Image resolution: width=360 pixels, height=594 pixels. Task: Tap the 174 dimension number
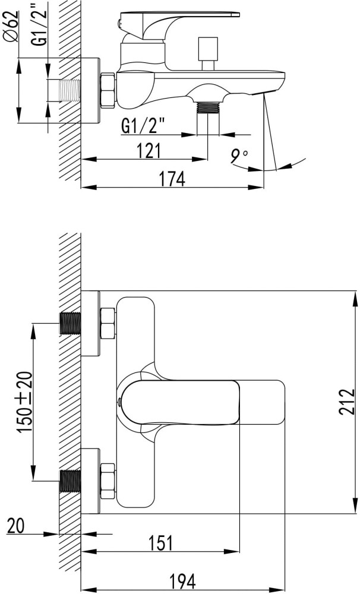(x=172, y=178)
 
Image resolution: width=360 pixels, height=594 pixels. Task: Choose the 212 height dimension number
(x=347, y=402)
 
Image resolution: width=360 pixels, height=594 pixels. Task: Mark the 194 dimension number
(x=182, y=581)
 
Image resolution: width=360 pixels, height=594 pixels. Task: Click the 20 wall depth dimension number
(x=15, y=526)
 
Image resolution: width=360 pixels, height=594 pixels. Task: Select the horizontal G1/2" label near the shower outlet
(x=144, y=126)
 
